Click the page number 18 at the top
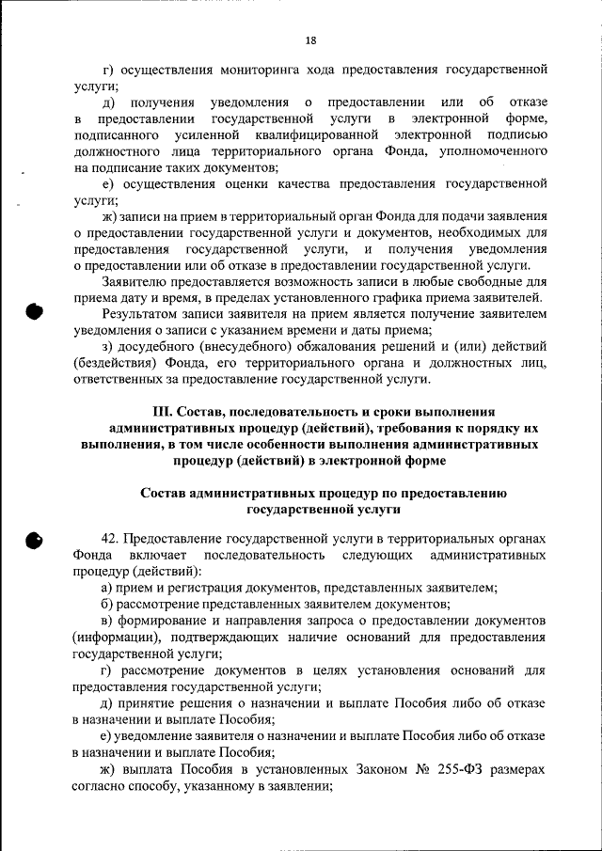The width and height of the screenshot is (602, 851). click(x=311, y=39)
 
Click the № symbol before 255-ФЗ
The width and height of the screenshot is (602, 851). click(x=422, y=769)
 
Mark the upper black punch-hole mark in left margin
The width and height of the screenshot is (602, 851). click(x=34, y=312)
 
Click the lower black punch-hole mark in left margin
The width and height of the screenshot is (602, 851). click(x=34, y=540)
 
